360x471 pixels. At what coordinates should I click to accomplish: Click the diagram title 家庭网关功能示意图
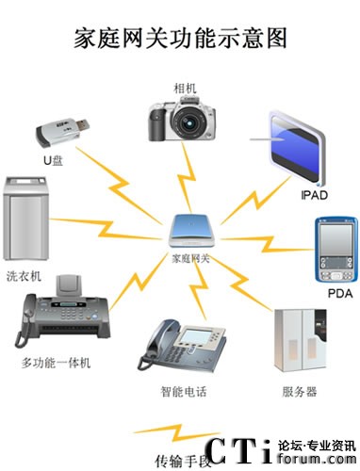point(179,38)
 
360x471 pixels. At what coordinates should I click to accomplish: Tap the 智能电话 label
point(183,391)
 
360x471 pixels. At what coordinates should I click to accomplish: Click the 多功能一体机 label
point(57,363)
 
